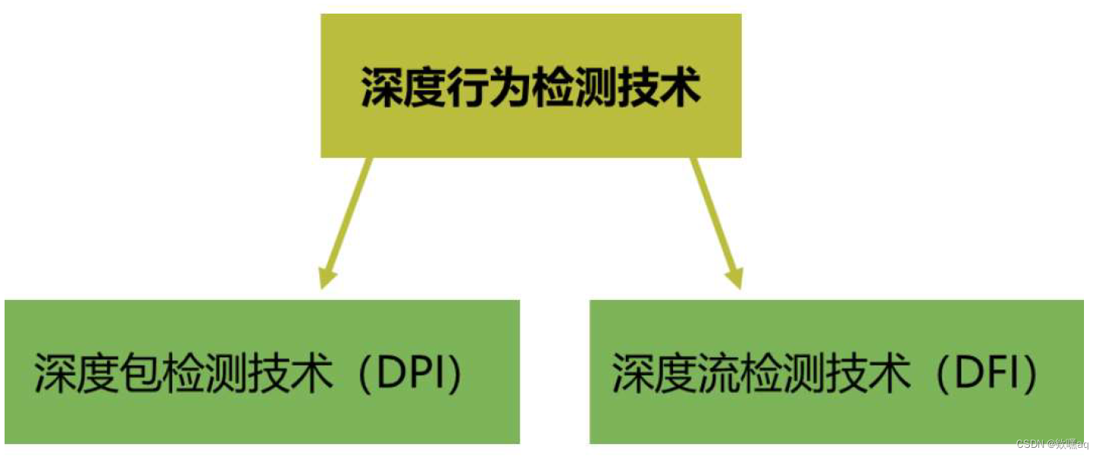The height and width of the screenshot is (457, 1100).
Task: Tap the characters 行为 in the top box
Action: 489,90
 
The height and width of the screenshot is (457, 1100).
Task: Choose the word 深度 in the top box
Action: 403,90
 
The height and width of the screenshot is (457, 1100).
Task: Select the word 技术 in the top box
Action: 658,90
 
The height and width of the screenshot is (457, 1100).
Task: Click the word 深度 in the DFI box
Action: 645,374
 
